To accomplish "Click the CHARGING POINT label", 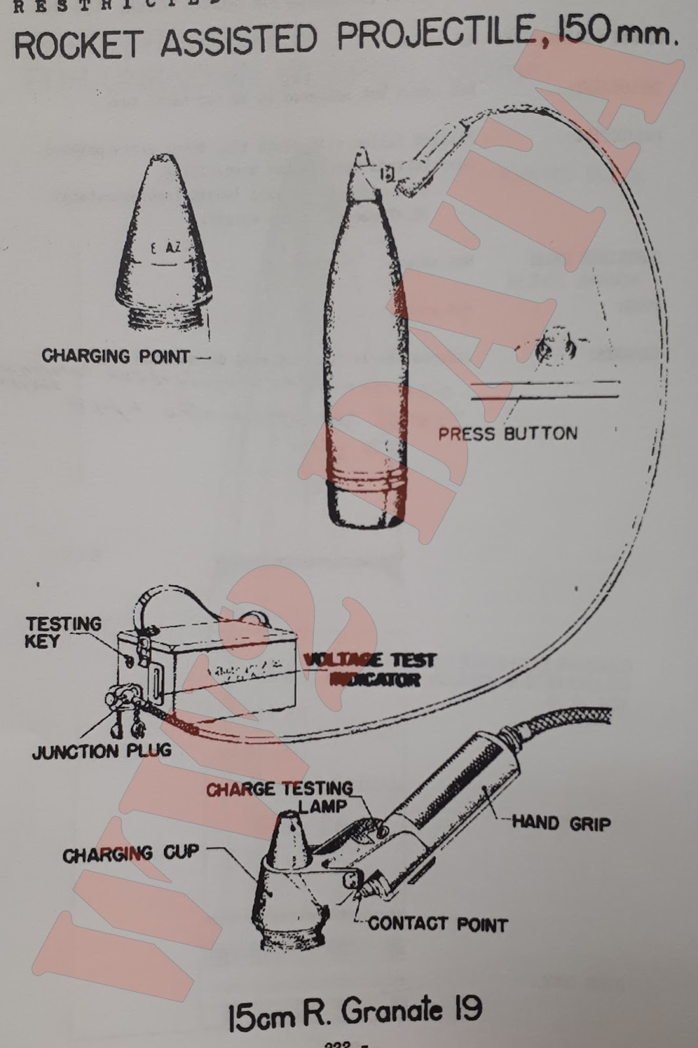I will (x=115, y=356).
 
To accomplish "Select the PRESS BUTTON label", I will (x=507, y=434).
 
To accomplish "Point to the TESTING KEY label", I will (x=63, y=632).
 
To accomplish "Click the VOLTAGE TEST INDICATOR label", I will (x=371, y=669).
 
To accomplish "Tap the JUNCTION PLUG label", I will (x=102, y=751).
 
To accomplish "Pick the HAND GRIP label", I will (x=560, y=822).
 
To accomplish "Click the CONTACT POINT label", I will (x=437, y=924).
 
